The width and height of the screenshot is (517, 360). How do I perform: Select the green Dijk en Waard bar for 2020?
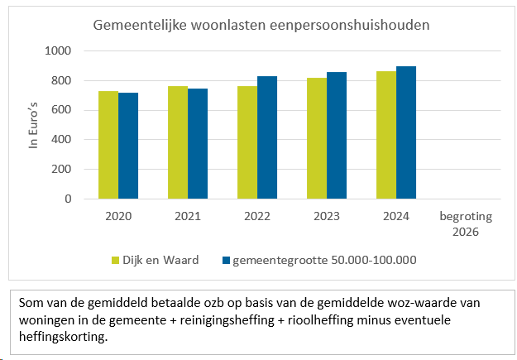click(x=108, y=145)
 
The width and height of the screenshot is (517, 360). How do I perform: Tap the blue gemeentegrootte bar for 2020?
click(x=128, y=146)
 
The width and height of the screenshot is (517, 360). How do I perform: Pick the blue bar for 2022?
click(x=267, y=137)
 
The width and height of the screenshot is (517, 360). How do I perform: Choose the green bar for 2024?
click(x=386, y=135)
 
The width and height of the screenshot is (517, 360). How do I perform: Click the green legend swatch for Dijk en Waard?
click(x=117, y=261)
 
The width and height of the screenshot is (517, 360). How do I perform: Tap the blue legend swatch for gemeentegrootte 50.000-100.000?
click(x=226, y=261)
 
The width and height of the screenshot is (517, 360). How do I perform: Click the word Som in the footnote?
click(x=31, y=304)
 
